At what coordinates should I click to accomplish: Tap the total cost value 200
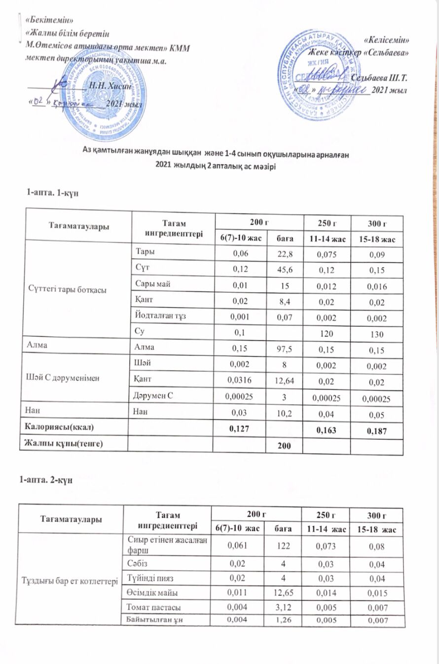283,446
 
